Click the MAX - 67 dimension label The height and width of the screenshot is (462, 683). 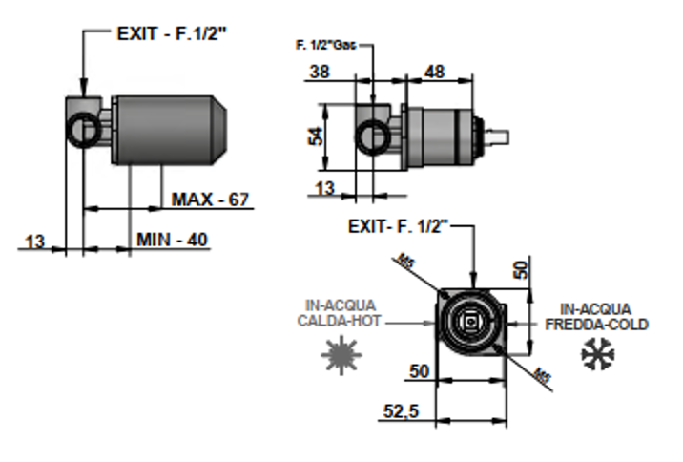[210, 199]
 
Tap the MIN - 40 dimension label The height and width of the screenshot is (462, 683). [172, 240]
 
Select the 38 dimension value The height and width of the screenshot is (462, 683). [320, 72]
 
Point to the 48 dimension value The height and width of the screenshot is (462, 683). [434, 72]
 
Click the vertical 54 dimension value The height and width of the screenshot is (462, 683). [316, 136]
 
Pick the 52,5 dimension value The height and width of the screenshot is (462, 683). [401, 411]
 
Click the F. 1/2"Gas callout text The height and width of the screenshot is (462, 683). [325, 45]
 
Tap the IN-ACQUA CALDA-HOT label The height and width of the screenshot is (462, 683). [339, 313]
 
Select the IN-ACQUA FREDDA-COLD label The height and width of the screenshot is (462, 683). [597, 317]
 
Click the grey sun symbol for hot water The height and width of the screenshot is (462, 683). [341, 355]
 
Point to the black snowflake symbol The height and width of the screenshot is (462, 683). [598, 354]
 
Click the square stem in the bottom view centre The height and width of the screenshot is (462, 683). [470, 323]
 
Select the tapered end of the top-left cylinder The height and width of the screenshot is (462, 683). [220, 130]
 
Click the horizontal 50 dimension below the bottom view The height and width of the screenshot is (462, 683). [419, 371]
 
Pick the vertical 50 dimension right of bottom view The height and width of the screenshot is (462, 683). [522, 269]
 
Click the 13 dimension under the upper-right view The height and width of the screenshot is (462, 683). [324, 189]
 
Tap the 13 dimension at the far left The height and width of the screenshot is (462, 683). [35, 241]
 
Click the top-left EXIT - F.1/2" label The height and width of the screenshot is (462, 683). [172, 33]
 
